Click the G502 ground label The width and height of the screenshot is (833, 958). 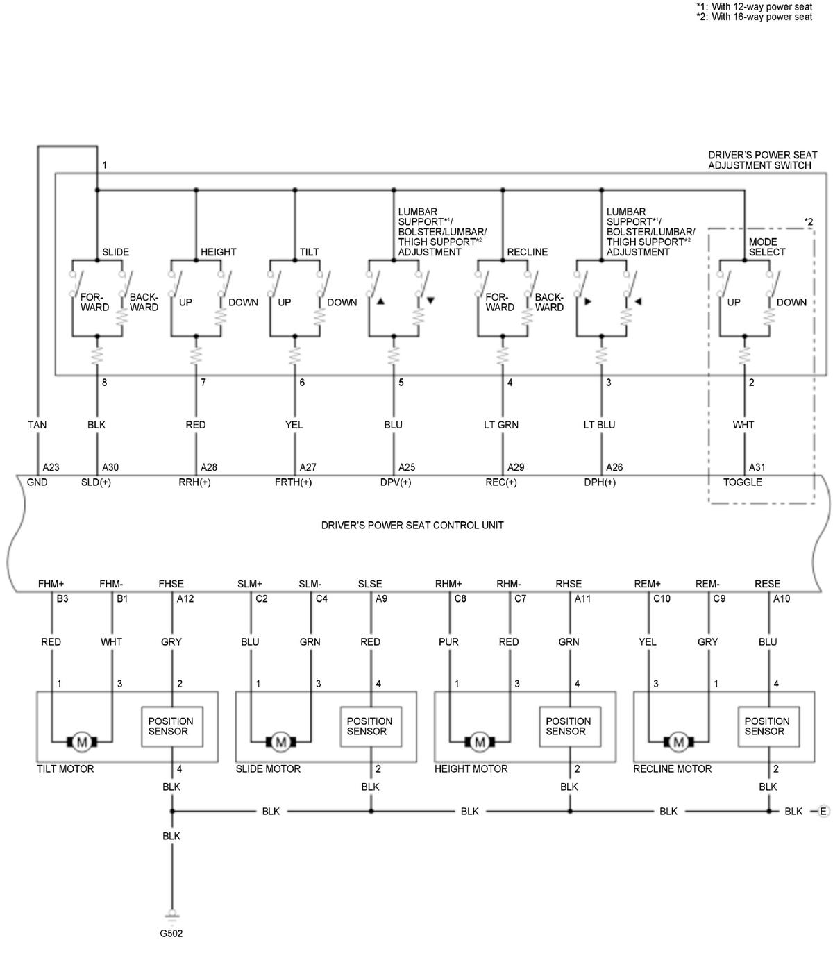[x=171, y=934]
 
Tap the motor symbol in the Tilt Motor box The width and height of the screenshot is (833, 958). [x=82, y=742]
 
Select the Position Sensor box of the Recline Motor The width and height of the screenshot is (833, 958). [x=767, y=726]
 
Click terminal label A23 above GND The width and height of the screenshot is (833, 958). [x=51, y=467]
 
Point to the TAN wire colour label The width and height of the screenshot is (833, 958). [x=37, y=425]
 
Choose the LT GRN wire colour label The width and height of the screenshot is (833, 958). [x=501, y=425]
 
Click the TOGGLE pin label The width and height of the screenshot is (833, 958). [x=743, y=482]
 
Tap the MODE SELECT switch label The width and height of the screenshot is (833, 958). [x=767, y=247]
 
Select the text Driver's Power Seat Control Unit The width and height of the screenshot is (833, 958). [x=412, y=525]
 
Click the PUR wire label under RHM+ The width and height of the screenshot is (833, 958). [x=448, y=642]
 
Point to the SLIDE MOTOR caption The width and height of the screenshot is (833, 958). [x=268, y=769]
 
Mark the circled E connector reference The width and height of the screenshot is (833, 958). [x=823, y=811]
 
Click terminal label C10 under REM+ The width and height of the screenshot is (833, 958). [x=662, y=598]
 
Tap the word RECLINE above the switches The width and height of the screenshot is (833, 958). [x=528, y=252]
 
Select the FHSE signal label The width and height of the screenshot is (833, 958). [x=171, y=584]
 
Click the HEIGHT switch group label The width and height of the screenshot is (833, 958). [x=219, y=252]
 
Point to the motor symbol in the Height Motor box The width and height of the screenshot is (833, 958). [x=480, y=742]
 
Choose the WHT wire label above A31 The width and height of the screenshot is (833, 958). [x=743, y=425]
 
